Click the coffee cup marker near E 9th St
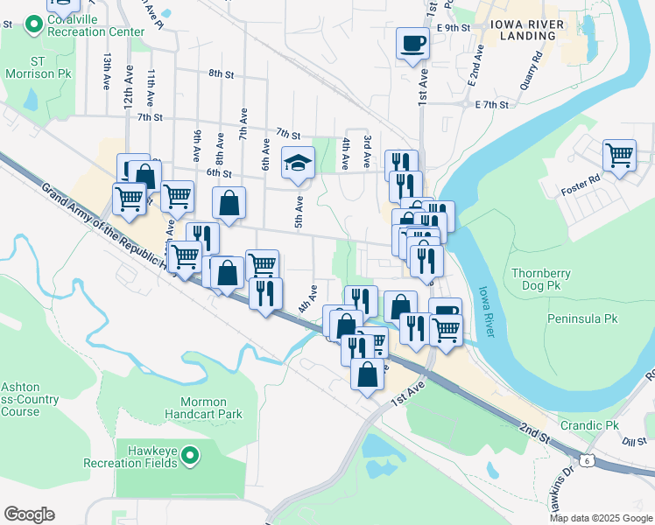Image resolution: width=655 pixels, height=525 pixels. pyautogui.click(x=412, y=43)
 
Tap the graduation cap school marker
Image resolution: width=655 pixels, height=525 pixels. pyautogui.click(x=298, y=162)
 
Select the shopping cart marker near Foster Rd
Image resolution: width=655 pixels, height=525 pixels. pyautogui.click(x=619, y=156)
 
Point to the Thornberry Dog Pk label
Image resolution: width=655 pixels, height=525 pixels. pyautogui.click(x=540, y=280)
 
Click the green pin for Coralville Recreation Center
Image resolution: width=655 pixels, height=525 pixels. pyautogui.click(x=35, y=24)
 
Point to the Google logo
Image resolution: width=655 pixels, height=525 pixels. pyautogui.click(x=29, y=514)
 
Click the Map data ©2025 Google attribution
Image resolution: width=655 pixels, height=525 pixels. pyautogui.click(x=601, y=518)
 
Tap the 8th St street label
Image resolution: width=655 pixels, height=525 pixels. pyautogui.click(x=224, y=74)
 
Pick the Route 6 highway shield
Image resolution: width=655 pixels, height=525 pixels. pyautogui.click(x=585, y=458)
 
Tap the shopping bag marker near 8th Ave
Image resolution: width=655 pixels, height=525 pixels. pyautogui.click(x=228, y=204)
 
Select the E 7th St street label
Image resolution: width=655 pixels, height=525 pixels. pyautogui.click(x=491, y=105)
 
